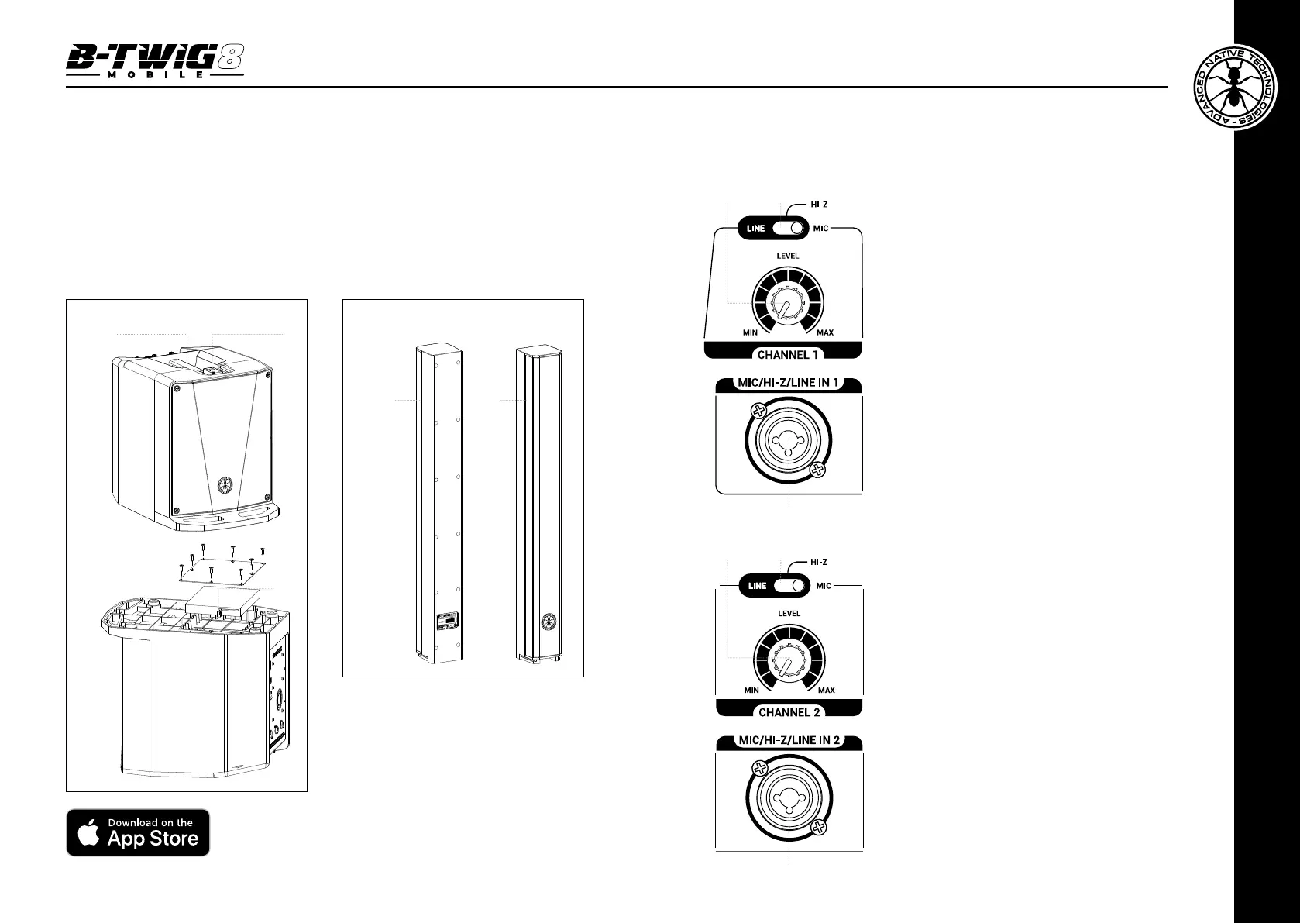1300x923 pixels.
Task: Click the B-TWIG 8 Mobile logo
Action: (x=155, y=61)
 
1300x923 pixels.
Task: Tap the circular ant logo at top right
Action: (x=1235, y=88)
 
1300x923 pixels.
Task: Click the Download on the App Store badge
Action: (x=138, y=832)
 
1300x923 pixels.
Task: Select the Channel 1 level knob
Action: (x=788, y=303)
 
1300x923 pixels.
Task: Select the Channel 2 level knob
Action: (x=789, y=660)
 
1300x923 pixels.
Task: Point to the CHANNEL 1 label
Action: (x=788, y=355)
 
